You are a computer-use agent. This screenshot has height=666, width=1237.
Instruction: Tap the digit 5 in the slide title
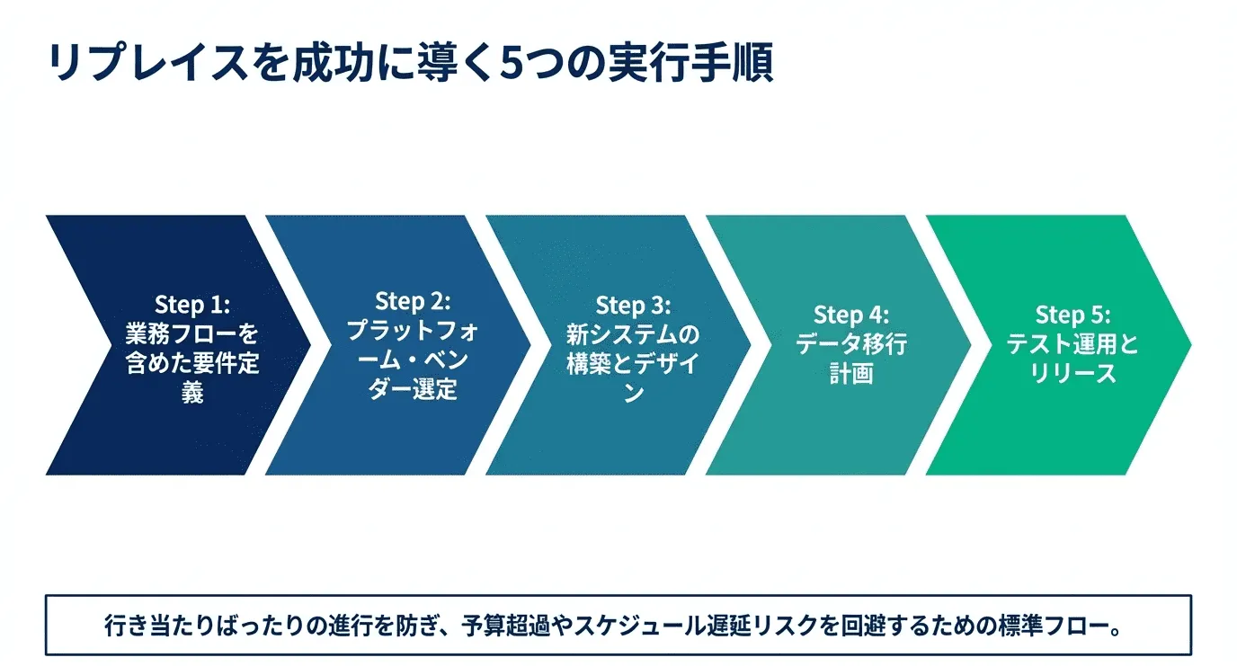pyautogui.click(x=514, y=64)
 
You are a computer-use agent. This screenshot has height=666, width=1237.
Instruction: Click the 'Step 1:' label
pyautogui.click(x=192, y=304)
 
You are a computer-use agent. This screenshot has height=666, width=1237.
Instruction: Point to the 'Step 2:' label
pyautogui.click(x=413, y=300)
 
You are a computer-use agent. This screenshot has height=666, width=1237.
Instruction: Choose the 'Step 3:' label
pyautogui.click(x=633, y=305)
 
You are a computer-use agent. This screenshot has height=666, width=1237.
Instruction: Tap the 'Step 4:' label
pyautogui.click(x=851, y=315)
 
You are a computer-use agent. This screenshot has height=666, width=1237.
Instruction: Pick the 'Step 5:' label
pyautogui.click(x=1072, y=315)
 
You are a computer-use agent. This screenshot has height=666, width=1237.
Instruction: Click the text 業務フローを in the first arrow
pyautogui.click(x=192, y=334)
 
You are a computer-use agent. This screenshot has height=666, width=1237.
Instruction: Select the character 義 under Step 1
pyautogui.click(x=192, y=393)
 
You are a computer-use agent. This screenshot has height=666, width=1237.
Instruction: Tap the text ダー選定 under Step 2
pyautogui.click(x=413, y=390)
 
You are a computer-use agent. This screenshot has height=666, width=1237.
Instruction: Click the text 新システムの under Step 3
pyautogui.click(x=633, y=334)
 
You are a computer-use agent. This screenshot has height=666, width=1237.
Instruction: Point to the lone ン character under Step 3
pyautogui.click(x=633, y=394)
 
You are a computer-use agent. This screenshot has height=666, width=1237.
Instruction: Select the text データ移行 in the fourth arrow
pyautogui.click(x=851, y=344)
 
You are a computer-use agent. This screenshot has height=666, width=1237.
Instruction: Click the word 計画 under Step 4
pyautogui.click(x=851, y=374)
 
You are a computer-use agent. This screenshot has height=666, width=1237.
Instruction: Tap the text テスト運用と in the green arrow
pyautogui.click(x=1072, y=344)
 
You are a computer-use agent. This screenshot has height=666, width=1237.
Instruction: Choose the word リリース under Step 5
pyautogui.click(x=1072, y=374)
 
